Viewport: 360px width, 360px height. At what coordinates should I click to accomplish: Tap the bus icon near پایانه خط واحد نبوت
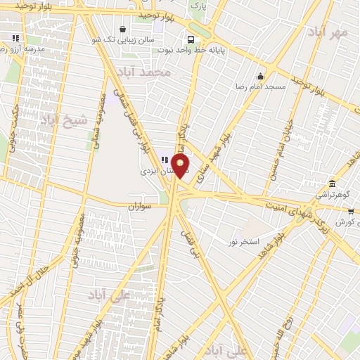pyautogui.click(x=191, y=39)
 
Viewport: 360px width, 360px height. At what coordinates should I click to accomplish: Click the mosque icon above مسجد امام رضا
pyautogui.click(x=261, y=77)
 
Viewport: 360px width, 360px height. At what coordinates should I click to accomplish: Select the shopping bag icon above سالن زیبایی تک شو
pyautogui.click(x=123, y=30)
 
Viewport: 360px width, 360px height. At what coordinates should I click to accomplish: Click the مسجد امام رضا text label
pyautogui.click(x=262, y=86)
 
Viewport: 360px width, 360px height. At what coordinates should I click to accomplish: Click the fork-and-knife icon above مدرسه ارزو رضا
pyautogui.click(x=15, y=38)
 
